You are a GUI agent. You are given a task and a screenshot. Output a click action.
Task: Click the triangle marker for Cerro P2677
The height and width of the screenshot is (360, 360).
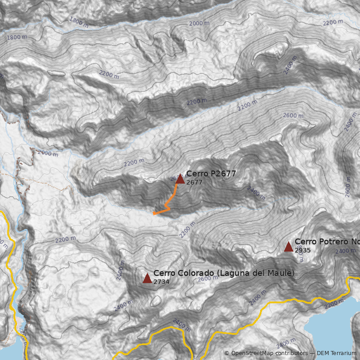click(180, 179)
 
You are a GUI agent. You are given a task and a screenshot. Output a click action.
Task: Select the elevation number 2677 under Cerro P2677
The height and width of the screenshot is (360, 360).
click(194, 182)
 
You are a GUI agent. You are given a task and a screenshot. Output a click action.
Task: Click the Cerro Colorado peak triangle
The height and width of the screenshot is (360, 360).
click(147, 278)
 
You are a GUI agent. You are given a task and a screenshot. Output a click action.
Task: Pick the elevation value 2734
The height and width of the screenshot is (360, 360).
click(161, 282)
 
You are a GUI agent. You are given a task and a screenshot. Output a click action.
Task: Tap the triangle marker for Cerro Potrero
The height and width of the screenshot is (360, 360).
click(288, 247)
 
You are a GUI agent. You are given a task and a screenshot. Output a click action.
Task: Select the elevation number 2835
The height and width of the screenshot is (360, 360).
click(302, 250)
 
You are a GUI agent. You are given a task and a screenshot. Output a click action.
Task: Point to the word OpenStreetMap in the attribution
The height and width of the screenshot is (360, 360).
click(252, 353)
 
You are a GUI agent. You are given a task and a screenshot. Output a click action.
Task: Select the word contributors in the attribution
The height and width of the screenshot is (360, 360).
click(292, 353)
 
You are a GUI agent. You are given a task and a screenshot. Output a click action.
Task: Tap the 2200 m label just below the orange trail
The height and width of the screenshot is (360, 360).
click(188, 230)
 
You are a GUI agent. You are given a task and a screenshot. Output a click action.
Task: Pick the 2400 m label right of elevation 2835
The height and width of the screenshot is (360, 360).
click(346, 251)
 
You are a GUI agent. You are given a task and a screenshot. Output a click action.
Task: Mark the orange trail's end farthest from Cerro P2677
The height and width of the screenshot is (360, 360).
click(154, 213)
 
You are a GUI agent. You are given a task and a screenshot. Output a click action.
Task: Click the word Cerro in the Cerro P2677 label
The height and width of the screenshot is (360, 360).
click(196, 174)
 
